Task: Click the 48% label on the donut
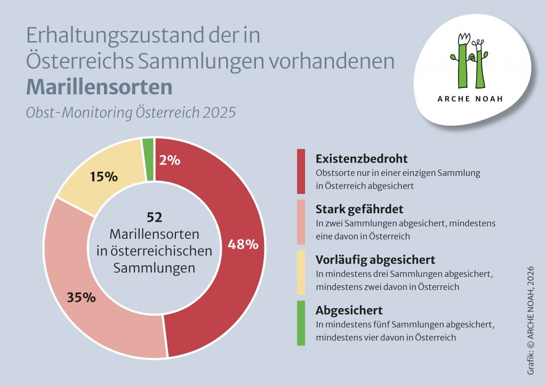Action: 243,245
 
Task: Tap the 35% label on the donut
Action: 82,297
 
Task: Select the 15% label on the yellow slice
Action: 103,177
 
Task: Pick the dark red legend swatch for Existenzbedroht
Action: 301,172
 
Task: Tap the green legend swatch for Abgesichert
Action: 301,323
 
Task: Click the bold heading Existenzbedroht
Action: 362,159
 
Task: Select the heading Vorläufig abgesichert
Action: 375,260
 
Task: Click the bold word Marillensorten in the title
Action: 99,87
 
